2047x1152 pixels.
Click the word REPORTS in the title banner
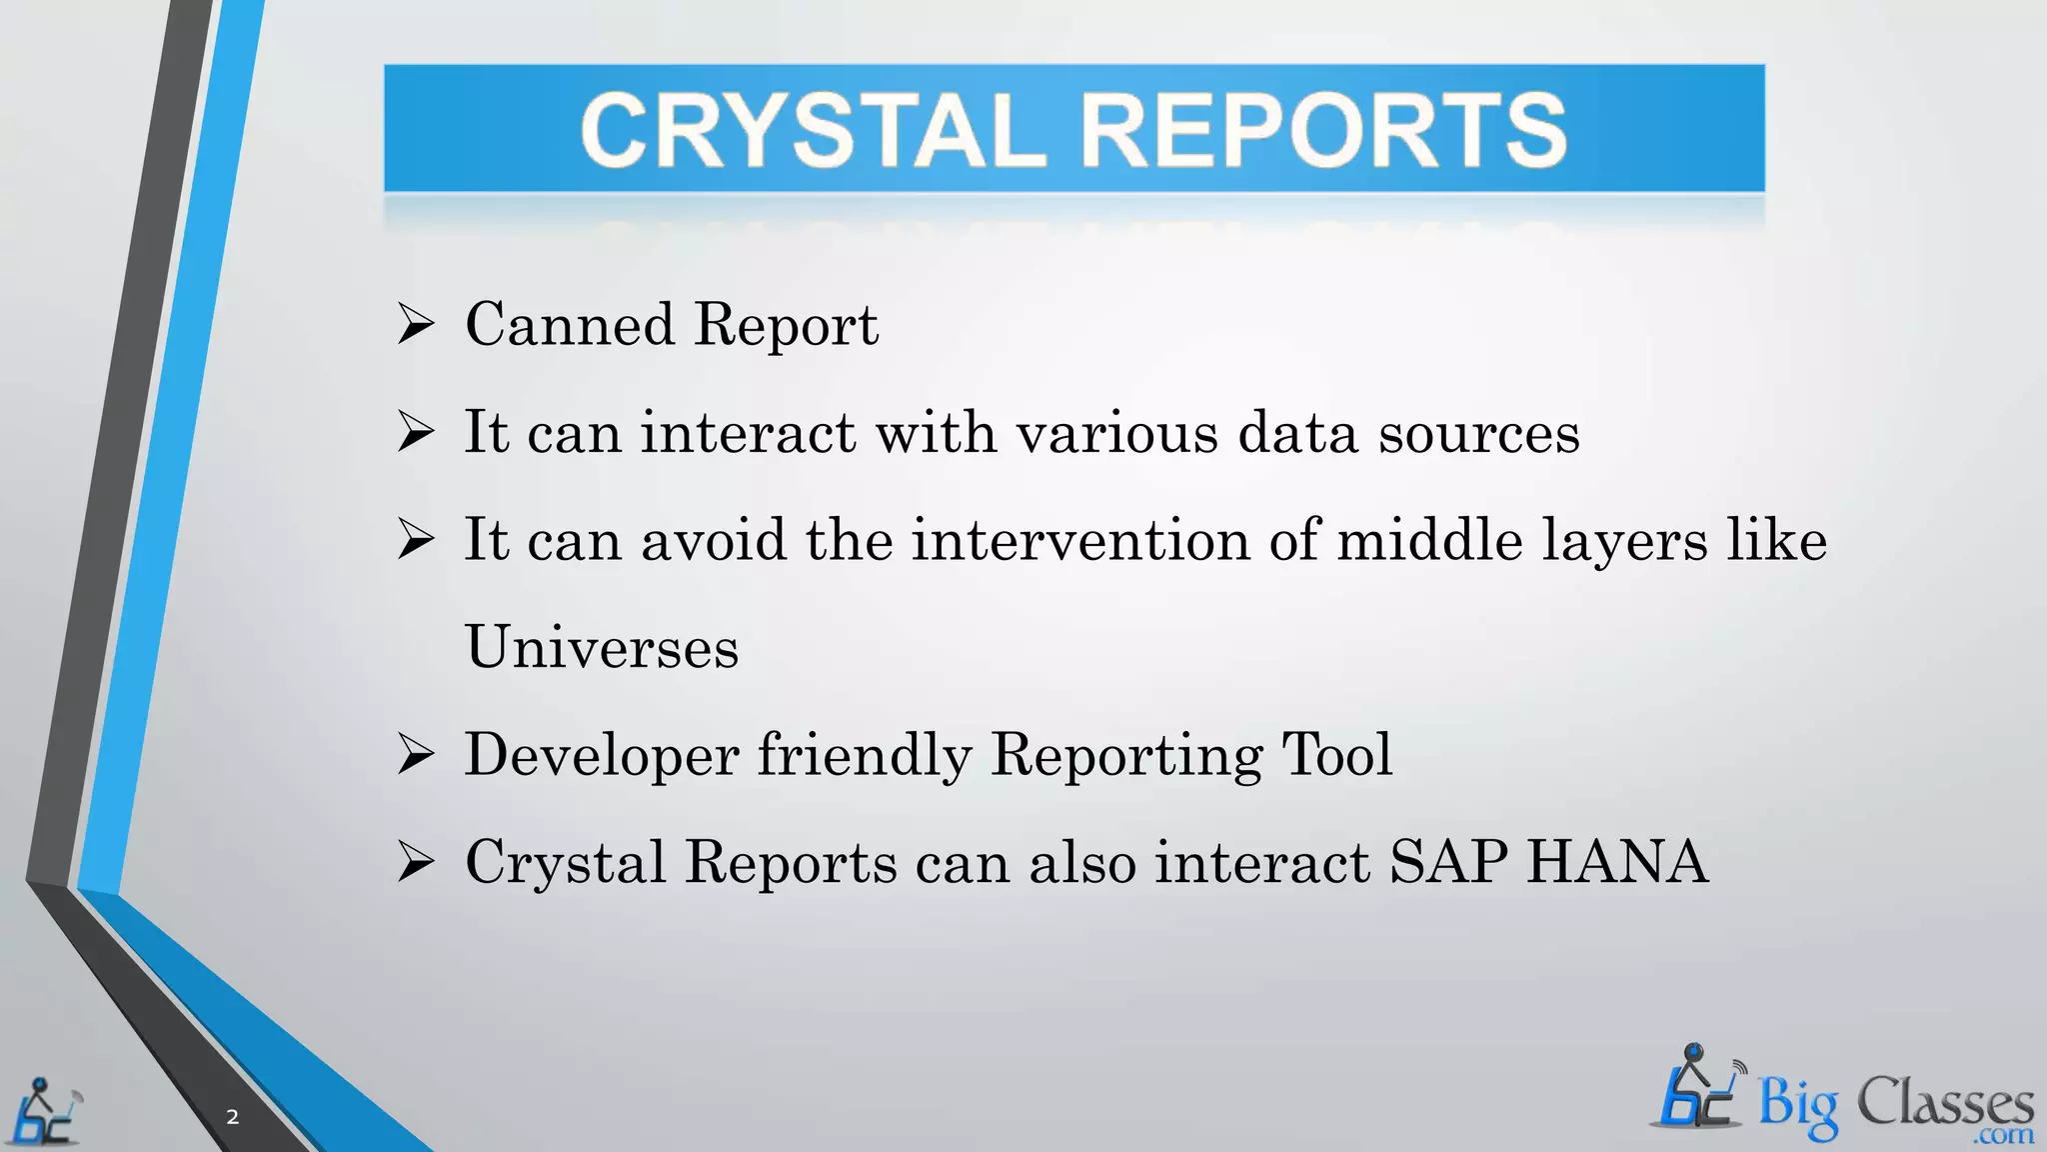[x=1324, y=130]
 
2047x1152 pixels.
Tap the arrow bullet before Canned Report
[x=415, y=325]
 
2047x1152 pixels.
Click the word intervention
[x=1080, y=540]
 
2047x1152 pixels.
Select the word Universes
[x=602, y=647]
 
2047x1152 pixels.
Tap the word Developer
[x=601, y=756]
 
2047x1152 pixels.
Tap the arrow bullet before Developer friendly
[x=415, y=755]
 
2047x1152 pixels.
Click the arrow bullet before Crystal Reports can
[x=415, y=862]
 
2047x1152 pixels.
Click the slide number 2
[x=233, y=1117]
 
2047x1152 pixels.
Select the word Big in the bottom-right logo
[x=1797, y=1106]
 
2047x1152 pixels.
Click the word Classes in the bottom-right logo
[x=1945, y=1104]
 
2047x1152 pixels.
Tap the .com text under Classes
[x=2003, y=1136]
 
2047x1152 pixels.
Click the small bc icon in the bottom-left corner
[x=44, y=1112]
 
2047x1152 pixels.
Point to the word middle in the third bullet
[x=1429, y=540]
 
